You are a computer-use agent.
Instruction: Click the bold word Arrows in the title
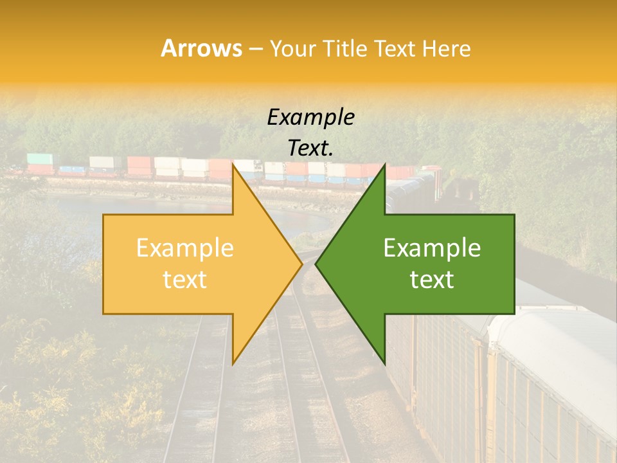(202, 48)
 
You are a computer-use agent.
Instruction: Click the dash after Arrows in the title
(256, 49)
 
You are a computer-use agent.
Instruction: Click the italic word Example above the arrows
(311, 117)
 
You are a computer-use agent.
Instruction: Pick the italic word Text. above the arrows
(311, 148)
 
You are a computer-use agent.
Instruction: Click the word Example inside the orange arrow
(185, 248)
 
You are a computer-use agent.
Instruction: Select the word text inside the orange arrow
(185, 279)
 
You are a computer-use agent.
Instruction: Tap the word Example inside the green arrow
(432, 248)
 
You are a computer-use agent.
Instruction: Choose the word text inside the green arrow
(432, 279)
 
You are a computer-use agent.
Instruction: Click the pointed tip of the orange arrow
(301, 264)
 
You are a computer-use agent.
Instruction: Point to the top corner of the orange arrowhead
(233, 165)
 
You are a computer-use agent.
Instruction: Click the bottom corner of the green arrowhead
(384, 363)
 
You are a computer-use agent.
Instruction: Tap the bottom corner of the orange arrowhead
(233, 363)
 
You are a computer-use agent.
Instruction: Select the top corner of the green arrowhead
(384, 165)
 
